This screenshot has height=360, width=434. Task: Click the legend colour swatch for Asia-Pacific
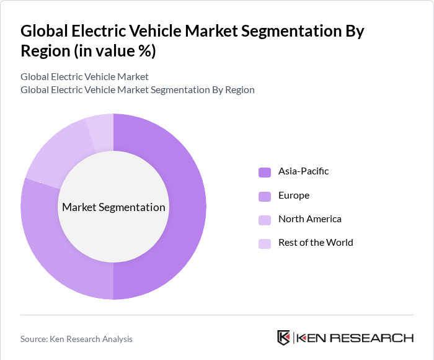click(265, 172)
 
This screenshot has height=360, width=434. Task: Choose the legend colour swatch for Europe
click(265, 196)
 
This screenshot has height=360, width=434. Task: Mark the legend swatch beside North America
click(265, 220)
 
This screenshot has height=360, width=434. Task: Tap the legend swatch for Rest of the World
click(265, 243)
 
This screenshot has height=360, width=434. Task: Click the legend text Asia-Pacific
click(303, 171)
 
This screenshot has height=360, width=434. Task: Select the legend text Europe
click(293, 196)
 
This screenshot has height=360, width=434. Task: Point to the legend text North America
click(309, 219)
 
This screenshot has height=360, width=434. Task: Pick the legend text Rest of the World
click(316, 243)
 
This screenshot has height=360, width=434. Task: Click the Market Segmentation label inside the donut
click(113, 207)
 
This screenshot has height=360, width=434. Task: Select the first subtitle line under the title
click(84, 77)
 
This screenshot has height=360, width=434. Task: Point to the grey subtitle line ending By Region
click(137, 90)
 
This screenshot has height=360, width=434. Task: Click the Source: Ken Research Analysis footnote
click(76, 339)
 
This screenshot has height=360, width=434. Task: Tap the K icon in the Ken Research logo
click(283, 338)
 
